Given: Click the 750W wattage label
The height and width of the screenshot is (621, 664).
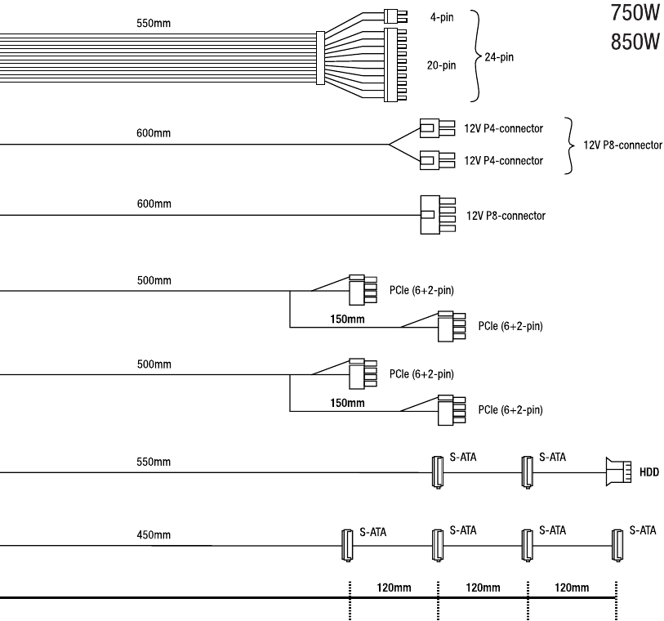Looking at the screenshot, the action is pyautogui.click(x=635, y=13).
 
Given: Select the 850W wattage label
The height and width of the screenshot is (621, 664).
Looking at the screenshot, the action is pyautogui.click(x=635, y=42).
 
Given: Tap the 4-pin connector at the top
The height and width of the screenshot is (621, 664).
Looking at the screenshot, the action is pyautogui.click(x=395, y=16).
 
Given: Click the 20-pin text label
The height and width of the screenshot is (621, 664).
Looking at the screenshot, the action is pyautogui.click(x=441, y=65).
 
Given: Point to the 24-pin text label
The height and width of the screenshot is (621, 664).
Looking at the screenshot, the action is pyautogui.click(x=499, y=57).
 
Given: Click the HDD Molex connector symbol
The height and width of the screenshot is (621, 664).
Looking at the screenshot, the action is pyautogui.click(x=618, y=471).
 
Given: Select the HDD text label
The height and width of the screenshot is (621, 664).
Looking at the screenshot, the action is pyautogui.click(x=649, y=472).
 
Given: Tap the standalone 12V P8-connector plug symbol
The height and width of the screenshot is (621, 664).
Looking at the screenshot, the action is pyautogui.click(x=438, y=215).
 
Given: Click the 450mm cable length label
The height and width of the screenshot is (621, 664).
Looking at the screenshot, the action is pyautogui.click(x=154, y=534).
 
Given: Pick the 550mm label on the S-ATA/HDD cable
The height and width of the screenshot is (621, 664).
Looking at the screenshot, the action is pyautogui.click(x=154, y=462).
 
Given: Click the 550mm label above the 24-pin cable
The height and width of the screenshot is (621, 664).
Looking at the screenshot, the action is pyautogui.click(x=154, y=23).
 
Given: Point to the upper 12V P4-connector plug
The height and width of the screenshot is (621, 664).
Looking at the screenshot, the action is pyautogui.click(x=438, y=128).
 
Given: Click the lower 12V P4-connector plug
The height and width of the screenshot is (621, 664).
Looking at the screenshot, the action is pyautogui.click(x=438, y=160).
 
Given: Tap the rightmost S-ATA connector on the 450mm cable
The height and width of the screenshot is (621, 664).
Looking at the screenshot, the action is pyautogui.click(x=617, y=545).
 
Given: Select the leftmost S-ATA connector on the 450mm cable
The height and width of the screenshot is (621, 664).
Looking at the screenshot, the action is pyautogui.click(x=347, y=545).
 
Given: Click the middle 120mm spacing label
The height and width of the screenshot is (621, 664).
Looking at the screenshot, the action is pyautogui.click(x=483, y=587).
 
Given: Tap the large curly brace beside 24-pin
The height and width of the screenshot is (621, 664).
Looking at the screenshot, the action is pyautogui.click(x=477, y=56).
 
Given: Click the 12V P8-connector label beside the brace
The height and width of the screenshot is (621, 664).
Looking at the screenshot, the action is pyautogui.click(x=622, y=145).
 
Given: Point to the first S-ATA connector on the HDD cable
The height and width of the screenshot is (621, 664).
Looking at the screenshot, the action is pyautogui.click(x=438, y=472).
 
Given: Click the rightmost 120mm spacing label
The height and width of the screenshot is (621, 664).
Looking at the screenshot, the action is pyautogui.click(x=572, y=587).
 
